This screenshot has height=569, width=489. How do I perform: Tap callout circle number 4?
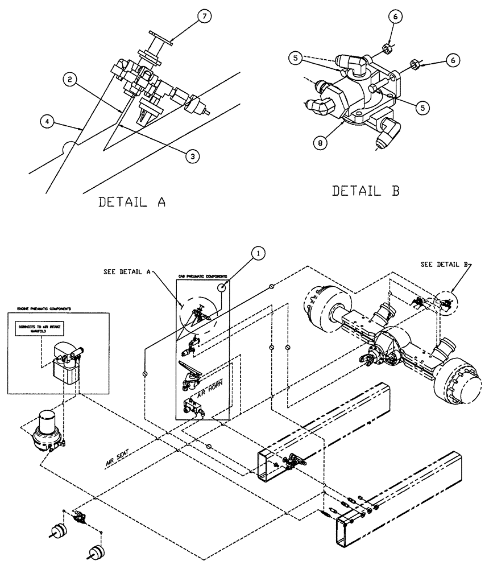click(47, 121)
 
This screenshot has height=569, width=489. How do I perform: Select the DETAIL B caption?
click(366, 191)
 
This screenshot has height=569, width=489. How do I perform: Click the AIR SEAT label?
click(118, 458)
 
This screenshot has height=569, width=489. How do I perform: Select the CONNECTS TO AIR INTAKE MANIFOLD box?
click(42, 331)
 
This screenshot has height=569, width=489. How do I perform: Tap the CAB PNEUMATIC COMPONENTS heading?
click(204, 277)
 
